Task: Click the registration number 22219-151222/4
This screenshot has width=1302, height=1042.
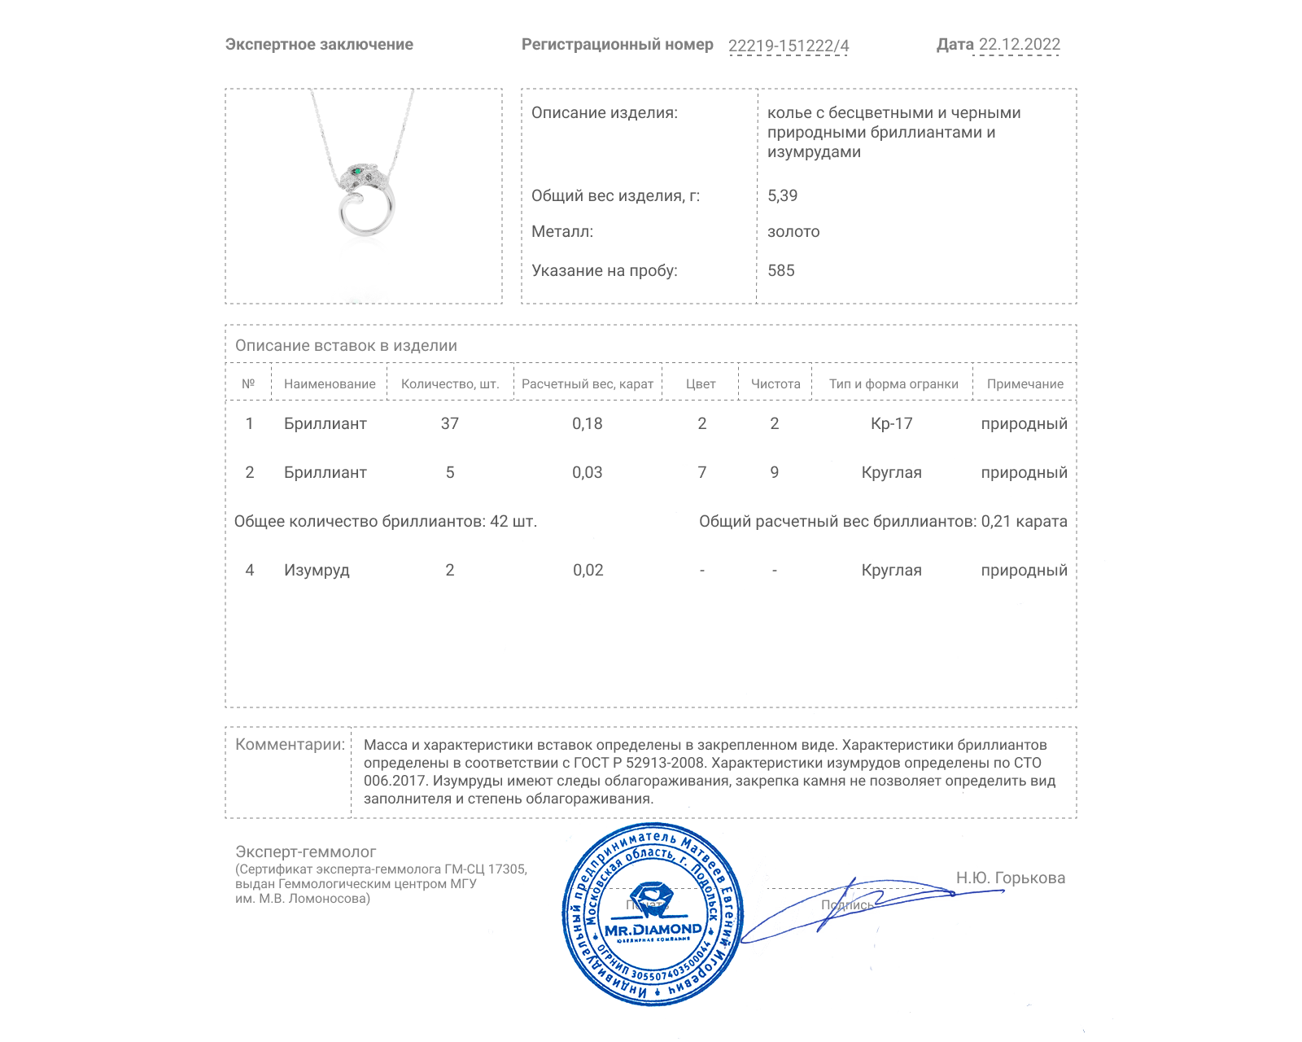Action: pyautogui.click(x=788, y=46)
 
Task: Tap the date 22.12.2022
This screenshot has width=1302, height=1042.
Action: pyautogui.click(x=1019, y=45)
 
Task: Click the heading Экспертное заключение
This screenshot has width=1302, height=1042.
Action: pyautogui.click(x=319, y=45)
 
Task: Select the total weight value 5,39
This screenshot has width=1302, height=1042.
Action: pyautogui.click(x=782, y=195)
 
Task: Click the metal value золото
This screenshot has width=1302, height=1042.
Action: pyautogui.click(x=793, y=232)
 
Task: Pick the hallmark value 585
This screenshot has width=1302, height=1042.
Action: pyautogui.click(x=780, y=270)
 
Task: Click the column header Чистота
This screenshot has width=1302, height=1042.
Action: pyautogui.click(x=776, y=384)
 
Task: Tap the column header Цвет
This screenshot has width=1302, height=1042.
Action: pyautogui.click(x=701, y=384)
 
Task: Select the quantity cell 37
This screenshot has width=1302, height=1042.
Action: pyautogui.click(x=450, y=423)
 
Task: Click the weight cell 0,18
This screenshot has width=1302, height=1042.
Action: pyautogui.click(x=588, y=423)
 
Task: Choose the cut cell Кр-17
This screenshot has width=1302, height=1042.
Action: pyautogui.click(x=892, y=423)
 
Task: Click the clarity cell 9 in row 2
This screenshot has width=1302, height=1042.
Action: pyautogui.click(x=775, y=472)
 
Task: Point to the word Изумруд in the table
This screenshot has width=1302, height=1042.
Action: pyautogui.click(x=317, y=570)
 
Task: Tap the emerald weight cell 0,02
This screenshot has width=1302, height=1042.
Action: pyautogui.click(x=588, y=570)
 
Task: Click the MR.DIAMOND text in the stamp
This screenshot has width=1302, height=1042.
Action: pyautogui.click(x=653, y=929)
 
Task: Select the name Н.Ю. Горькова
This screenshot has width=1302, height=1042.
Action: pyautogui.click(x=1011, y=878)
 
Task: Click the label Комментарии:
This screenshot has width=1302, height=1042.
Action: pyautogui.click(x=290, y=744)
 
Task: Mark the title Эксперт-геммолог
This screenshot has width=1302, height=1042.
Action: pyautogui.click(x=306, y=852)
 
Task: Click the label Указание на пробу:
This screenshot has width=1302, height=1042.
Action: pyautogui.click(x=604, y=270)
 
